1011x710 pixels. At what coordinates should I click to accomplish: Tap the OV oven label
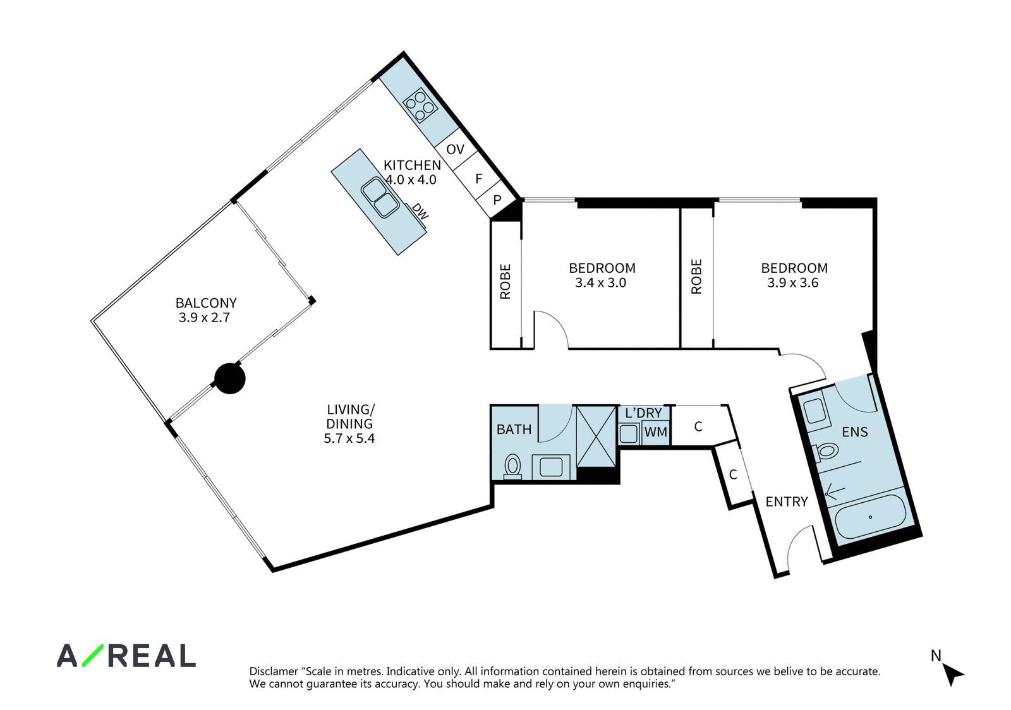[455, 149]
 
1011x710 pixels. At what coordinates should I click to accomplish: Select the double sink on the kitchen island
[380, 198]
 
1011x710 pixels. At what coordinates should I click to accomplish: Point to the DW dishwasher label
[420, 211]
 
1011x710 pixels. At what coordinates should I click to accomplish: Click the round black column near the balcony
[230, 378]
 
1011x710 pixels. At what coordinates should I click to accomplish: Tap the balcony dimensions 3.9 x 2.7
[204, 318]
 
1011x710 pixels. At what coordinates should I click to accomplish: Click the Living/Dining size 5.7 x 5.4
[349, 438]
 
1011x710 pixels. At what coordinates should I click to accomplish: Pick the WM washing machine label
[655, 432]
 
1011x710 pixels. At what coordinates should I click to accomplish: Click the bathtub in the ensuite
[871, 517]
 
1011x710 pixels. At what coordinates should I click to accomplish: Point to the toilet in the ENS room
[825, 452]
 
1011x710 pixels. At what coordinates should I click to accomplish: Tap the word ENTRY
[787, 502]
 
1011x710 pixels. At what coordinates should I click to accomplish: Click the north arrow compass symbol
[953, 675]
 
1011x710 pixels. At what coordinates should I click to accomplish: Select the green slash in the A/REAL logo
[92, 656]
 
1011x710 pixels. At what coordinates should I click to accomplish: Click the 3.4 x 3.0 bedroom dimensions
[600, 283]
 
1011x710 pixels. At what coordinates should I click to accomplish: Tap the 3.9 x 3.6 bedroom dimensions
[792, 283]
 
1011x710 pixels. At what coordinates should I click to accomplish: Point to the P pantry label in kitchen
[497, 200]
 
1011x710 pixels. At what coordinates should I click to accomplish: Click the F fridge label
[479, 179]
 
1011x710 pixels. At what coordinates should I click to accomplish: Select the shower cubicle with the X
[596, 437]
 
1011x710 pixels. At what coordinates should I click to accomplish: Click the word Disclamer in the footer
[274, 671]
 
